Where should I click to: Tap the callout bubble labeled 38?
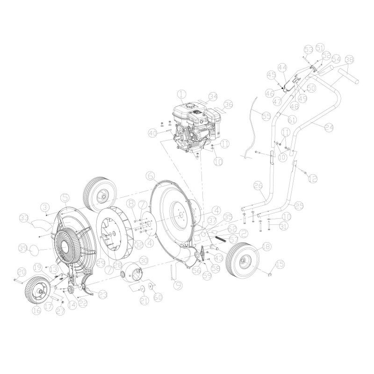point(349,60)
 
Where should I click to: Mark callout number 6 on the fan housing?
point(150,176)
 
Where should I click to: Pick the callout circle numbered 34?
point(213,97)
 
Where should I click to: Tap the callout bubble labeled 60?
point(158,296)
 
